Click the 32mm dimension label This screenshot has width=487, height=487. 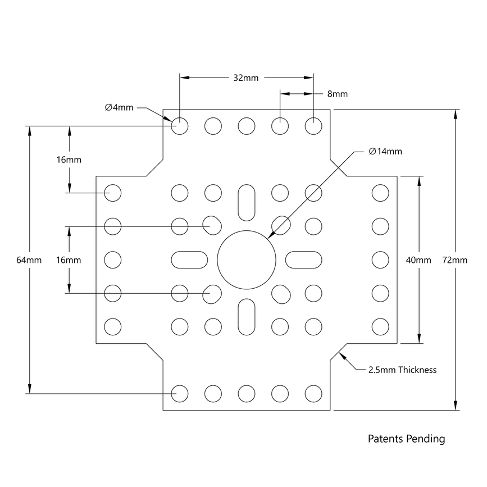click(x=245, y=78)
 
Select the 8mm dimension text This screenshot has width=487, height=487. click(x=337, y=94)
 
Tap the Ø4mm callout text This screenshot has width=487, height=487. click(x=119, y=107)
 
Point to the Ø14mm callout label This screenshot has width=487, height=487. click(x=385, y=152)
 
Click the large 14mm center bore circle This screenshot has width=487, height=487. click(x=247, y=260)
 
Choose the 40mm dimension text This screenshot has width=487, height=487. click(x=419, y=260)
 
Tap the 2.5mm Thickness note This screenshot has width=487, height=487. click(x=402, y=370)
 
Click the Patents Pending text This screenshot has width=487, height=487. click(x=406, y=439)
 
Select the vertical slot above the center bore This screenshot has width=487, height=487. click(x=246, y=202)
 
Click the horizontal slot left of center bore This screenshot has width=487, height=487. click(x=189, y=260)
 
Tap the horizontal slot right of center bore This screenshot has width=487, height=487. click(x=304, y=260)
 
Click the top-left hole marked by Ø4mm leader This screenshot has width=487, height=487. click(x=180, y=126)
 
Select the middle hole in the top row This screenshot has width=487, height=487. click(x=246, y=126)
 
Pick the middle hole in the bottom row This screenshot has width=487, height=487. click(x=246, y=394)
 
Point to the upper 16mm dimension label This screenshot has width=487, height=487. click(x=69, y=160)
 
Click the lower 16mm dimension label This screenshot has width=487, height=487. click(x=69, y=260)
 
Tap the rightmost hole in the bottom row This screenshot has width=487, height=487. click(x=313, y=394)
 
